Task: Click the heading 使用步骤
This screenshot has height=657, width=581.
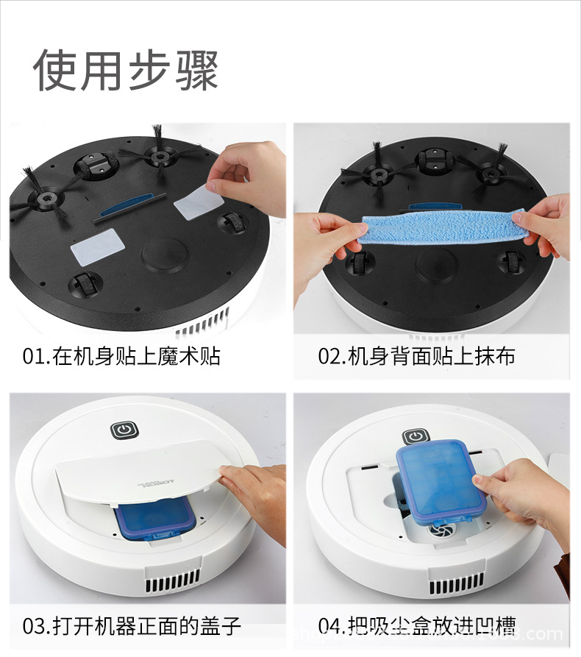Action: coord(126,71)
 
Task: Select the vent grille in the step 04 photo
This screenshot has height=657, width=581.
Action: coord(457,589)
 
